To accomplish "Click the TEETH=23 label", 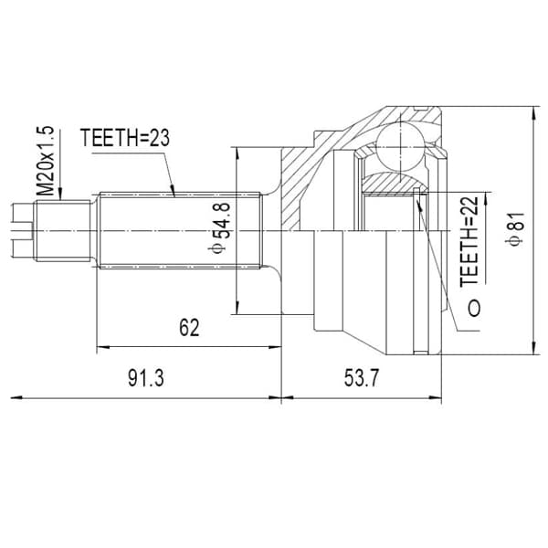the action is click(x=125, y=138).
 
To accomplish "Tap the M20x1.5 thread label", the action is click(x=46, y=161).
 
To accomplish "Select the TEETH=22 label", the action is click(x=469, y=241).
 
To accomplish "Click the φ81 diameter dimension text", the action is click(x=516, y=228).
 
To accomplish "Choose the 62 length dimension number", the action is click(x=189, y=328).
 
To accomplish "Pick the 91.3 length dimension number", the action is click(x=146, y=378).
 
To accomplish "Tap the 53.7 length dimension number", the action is click(x=362, y=378).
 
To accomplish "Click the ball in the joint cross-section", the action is click(x=400, y=147).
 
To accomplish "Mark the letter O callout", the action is click(x=474, y=308).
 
